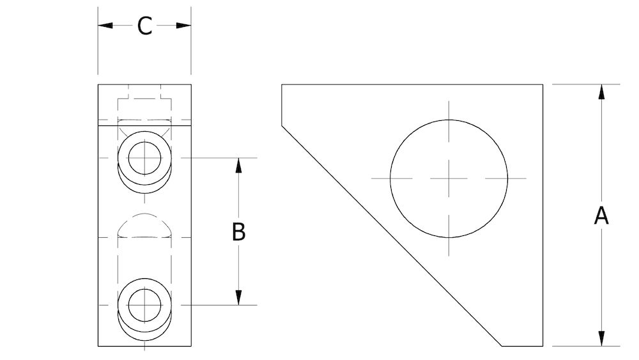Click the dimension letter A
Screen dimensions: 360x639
pos(601,215)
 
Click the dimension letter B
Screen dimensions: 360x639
pos(238,231)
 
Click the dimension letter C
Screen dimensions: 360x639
pos(145,26)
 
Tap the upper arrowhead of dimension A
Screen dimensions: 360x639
pos(601,91)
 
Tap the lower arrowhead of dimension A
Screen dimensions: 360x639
pos(601,338)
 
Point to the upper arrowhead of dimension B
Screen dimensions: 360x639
pos(238,164)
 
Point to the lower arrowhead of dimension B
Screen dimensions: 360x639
pos(238,297)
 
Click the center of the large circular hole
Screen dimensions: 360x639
pos(449,177)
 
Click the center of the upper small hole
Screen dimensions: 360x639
pos(145,157)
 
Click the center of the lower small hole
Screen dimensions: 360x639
pos(145,304)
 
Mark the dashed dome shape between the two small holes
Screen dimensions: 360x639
pos(145,224)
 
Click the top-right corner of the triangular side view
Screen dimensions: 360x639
pos(543,84)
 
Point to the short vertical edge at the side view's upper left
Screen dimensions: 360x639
pos(282,104)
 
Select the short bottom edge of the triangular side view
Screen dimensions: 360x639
pos(523,346)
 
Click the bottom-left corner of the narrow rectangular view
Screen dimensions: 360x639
pos(98,346)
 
